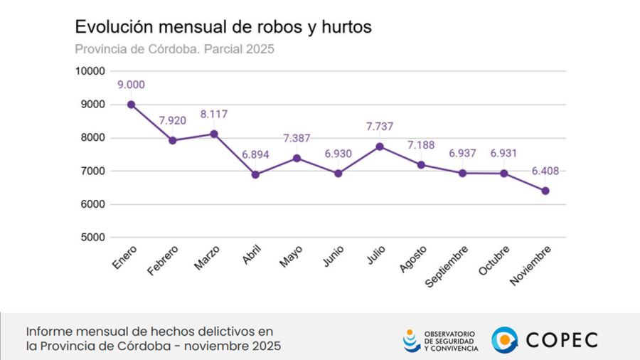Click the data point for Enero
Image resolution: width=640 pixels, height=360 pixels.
tap(132, 105)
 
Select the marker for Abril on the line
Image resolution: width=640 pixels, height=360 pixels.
tap(255, 174)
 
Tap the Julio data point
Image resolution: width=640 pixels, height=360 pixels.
tap(380, 147)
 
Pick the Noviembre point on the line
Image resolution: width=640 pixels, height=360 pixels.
tap(545, 191)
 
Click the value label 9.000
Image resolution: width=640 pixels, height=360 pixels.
tap(132, 85)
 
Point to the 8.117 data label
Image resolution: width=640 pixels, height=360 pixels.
tap(214, 114)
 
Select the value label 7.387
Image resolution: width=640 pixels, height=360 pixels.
tap(297, 138)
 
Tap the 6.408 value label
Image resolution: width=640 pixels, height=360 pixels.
tap(545, 171)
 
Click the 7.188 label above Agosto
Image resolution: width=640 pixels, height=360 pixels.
tap(421, 145)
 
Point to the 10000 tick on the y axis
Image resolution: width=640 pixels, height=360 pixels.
tap(90, 71)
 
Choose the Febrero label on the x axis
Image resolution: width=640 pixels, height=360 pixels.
tap(164, 260)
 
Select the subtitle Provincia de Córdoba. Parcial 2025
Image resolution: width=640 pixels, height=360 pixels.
tap(174, 49)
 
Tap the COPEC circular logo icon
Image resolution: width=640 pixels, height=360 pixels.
tap(504, 339)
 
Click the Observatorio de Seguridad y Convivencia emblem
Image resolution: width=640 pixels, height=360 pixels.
tap(411, 340)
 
